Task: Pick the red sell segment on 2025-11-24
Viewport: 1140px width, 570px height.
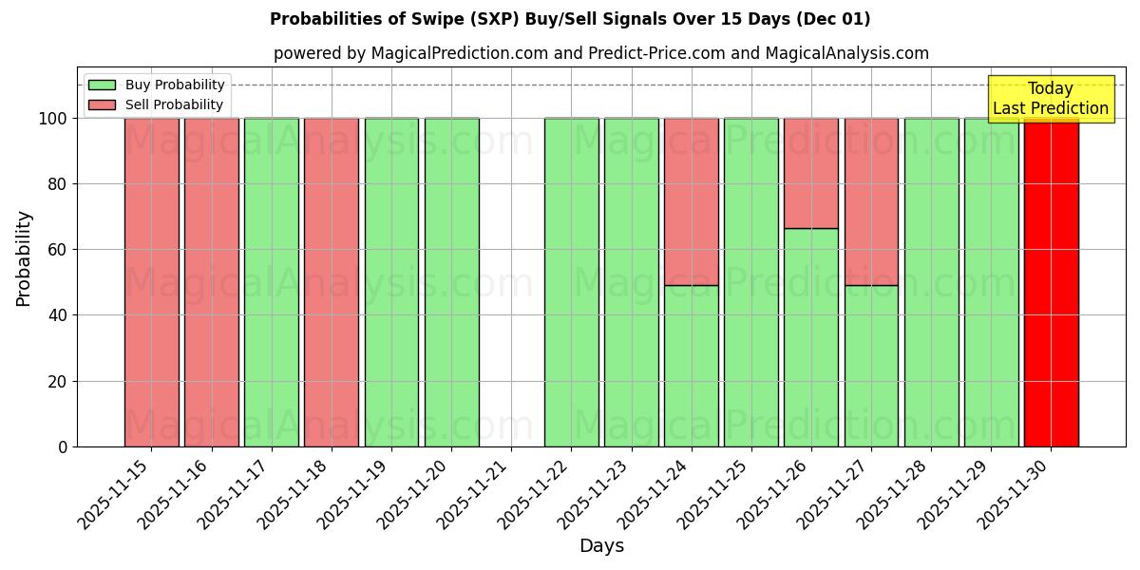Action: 691,201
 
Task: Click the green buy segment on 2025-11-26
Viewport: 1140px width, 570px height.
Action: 811,337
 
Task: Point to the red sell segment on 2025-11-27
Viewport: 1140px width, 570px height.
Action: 871,201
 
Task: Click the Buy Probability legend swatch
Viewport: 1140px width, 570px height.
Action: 102,85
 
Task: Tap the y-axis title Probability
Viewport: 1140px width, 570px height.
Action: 24,258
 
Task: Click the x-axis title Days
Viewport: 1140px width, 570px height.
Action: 601,546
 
